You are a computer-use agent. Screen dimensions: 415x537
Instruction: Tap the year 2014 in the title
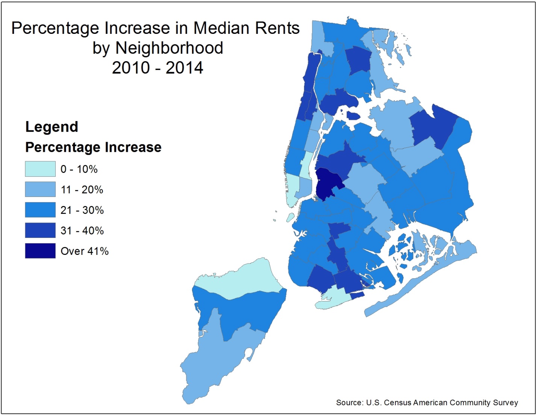(185, 68)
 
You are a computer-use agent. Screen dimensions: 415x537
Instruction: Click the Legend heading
(51, 127)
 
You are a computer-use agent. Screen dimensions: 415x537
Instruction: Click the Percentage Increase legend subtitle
(93, 147)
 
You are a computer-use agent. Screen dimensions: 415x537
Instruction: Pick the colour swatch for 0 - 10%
(40, 169)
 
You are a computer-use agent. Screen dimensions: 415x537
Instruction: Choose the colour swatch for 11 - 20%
(40, 189)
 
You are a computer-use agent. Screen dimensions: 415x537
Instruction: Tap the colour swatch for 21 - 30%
(40, 210)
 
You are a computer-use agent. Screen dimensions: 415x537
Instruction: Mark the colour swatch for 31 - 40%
(40, 230)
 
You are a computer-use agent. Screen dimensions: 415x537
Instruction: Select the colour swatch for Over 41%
(40, 251)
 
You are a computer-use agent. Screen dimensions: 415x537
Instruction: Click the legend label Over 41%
(85, 251)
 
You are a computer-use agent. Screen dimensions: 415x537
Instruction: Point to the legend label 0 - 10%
(79, 169)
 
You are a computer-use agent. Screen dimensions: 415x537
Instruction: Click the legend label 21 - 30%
(82, 210)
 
